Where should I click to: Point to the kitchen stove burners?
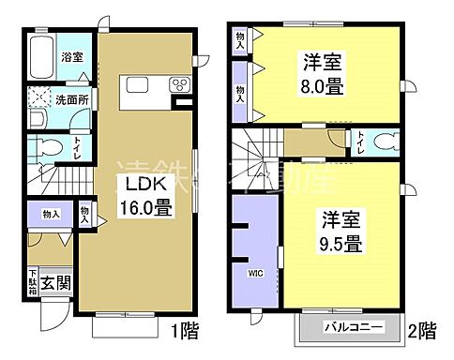point(178,85)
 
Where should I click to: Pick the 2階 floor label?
point(421,330)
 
